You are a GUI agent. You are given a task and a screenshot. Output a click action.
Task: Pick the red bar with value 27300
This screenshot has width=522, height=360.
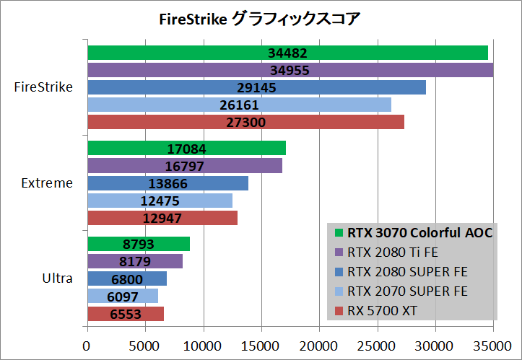click(245, 123)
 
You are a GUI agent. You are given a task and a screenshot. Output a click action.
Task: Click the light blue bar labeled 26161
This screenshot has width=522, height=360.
click(239, 105)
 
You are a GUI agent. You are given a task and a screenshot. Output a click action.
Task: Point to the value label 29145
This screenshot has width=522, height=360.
click(256, 88)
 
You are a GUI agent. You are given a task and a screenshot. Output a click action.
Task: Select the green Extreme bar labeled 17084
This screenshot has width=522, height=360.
click(186, 149)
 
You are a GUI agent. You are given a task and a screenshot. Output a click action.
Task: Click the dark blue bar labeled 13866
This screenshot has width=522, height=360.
click(168, 183)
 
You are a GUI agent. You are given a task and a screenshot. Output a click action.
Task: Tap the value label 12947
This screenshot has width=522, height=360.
click(162, 218)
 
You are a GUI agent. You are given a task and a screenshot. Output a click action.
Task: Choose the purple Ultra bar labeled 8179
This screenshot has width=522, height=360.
click(134, 261)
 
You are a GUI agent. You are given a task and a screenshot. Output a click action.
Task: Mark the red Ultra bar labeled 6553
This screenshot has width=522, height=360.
click(125, 314)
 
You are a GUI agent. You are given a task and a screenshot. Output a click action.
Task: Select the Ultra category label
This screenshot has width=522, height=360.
click(57, 278)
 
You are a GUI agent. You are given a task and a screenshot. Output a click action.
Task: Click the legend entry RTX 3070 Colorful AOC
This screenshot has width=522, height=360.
click(419, 233)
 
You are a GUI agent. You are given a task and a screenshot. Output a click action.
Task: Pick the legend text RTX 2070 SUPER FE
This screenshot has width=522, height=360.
click(407, 291)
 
